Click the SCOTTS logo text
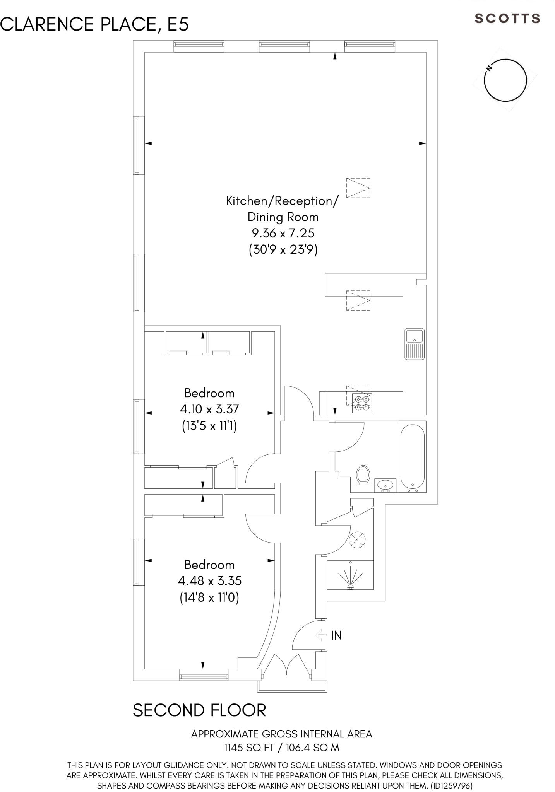(x=507, y=19)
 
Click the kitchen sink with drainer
(x=415, y=344)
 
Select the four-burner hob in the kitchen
(x=362, y=403)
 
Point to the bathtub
(x=412, y=456)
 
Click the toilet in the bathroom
(x=363, y=474)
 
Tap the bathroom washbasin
(x=385, y=485)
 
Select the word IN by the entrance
(x=336, y=636)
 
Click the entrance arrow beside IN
(x=321, y=635)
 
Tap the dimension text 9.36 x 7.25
(x=283, y=233)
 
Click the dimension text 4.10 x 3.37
(x=209, y=409)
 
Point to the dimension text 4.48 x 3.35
(x=209, y=581)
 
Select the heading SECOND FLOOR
(x=199, y=710)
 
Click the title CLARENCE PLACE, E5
(x=94, y=24)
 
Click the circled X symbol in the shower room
(x=357, y=539)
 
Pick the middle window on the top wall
(x=284, y=46)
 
